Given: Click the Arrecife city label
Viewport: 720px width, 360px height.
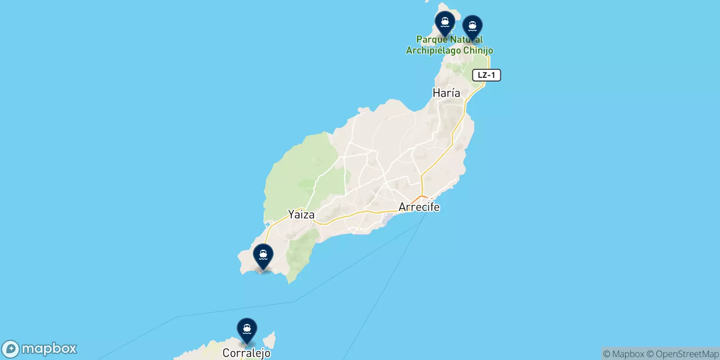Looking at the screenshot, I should coord(419,207).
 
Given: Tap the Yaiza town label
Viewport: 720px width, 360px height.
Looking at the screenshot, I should coord(301,215).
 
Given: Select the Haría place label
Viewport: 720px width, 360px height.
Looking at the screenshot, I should coord(446,93).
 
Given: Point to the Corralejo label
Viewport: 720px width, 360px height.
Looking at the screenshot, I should coord(246,353).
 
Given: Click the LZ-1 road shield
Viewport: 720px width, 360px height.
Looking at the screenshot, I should coord(486,75).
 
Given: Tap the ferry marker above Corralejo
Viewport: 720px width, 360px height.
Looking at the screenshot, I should coord(247,329).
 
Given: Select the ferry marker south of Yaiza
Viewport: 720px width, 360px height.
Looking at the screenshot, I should coord(263,255).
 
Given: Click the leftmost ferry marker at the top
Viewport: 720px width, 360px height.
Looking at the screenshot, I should coord(445,22).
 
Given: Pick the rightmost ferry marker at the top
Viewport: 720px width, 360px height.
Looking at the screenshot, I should coord(472,27).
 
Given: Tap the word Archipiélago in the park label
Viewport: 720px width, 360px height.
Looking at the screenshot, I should coord(433,51).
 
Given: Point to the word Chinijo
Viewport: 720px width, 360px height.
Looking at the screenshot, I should coord(478,51).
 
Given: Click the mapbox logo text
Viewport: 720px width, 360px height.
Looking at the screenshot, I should coord(49,349).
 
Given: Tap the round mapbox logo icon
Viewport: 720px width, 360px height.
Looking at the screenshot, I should coord(11,349).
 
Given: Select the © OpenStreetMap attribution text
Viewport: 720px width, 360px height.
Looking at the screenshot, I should coord(683,354).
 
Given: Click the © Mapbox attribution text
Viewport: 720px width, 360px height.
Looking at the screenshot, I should coord(624,354).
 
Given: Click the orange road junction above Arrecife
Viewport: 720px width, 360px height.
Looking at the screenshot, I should coord(422,197).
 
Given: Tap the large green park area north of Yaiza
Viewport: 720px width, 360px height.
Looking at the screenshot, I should coord(301,171).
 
